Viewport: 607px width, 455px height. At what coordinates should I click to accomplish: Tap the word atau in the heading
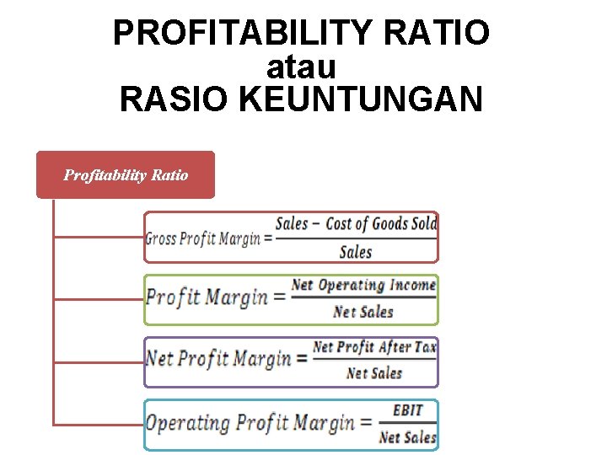[x=301, y=67]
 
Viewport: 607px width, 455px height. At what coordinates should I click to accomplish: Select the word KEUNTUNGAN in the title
[x=361, y=99]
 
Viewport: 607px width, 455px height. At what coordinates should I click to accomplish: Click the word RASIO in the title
[x=175, y=99]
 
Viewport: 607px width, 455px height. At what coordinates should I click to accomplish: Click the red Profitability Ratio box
[x=126, y=175]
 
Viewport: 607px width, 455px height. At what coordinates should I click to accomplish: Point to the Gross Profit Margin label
[x=202, y=238]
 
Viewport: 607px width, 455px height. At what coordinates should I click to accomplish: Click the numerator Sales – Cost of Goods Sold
[x=356, y=223]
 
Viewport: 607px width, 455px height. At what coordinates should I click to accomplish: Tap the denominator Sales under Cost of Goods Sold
[x=355, y=252]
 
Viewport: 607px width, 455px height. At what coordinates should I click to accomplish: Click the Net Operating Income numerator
[x=363, y=286]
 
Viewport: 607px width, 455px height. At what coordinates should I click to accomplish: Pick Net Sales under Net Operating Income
[x=363, y=312]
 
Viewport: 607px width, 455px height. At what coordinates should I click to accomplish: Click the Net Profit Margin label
[x=218, y=358]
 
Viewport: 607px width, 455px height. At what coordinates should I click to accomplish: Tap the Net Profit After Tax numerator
[x=374, y=347]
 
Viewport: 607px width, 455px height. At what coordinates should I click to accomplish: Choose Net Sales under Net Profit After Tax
[x=374, y=372]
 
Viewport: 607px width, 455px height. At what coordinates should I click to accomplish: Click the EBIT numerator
[x=408, y=410]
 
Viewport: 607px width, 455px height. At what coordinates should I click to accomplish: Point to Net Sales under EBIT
[x=408, y=436]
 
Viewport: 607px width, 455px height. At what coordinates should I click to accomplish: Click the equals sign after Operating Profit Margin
[x=365, y=422]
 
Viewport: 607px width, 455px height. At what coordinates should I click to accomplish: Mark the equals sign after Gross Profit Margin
[x=268, y=238]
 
